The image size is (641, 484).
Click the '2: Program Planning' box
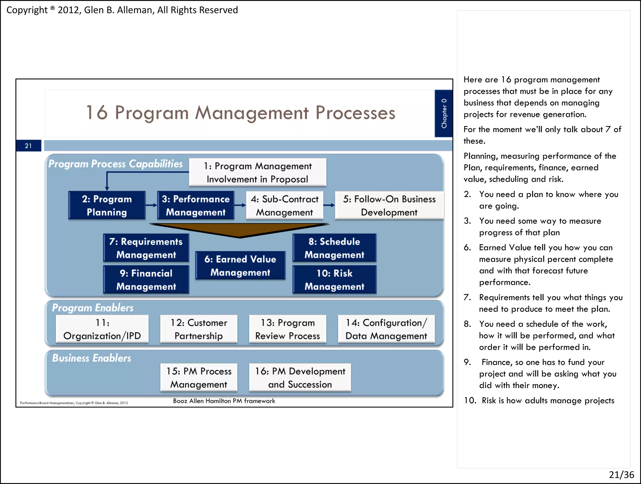(107, 205)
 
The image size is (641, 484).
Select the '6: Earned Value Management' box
(240, 265)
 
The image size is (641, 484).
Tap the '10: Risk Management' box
(334, 279)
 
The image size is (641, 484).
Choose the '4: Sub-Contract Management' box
(284, 205)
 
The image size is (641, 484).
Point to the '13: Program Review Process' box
(287, 329)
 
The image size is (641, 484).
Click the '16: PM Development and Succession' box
(300, 377)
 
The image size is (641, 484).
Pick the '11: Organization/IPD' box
(102, 329)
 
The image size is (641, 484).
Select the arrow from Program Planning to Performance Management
(151, 205)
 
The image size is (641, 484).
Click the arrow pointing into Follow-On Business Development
(329, 205)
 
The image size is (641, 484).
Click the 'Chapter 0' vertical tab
(444, 113)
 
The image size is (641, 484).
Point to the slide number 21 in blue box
(28, 146)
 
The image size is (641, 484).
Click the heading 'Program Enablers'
(93, 308)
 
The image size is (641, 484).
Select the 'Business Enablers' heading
(91, 358)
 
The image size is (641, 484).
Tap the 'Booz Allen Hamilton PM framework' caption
(224, 401)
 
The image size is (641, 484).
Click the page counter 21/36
(621, 475)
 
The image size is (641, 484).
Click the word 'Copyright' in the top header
(27, 10)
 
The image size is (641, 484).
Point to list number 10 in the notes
(470, 400)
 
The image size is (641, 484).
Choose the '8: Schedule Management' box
(334, 248)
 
